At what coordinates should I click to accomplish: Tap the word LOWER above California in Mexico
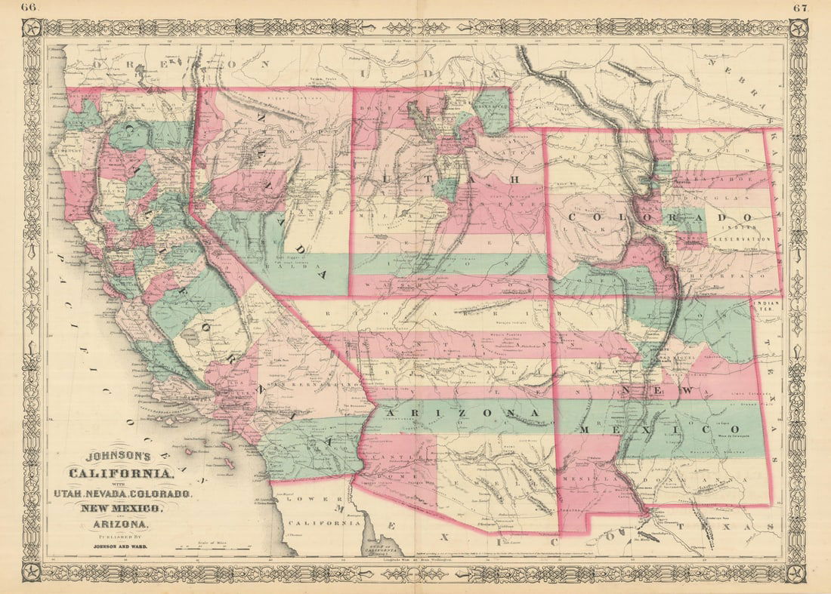(310, 500)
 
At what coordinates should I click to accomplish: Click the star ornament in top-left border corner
(32, 29)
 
